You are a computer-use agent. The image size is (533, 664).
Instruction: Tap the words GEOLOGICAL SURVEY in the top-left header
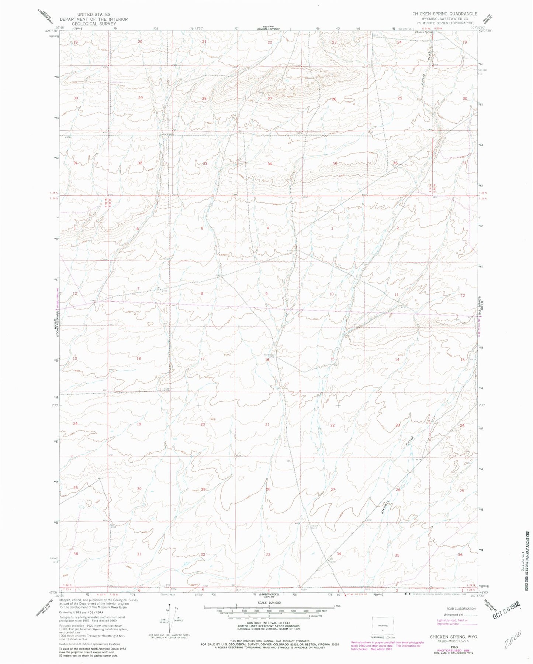[94, 24]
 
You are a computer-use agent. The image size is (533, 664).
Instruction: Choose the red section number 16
[267, 359]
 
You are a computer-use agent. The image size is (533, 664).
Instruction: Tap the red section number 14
[397, 359]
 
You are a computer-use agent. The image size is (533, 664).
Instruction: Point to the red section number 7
[138, 288]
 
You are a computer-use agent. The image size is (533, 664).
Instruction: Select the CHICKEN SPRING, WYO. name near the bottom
[454, 637]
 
